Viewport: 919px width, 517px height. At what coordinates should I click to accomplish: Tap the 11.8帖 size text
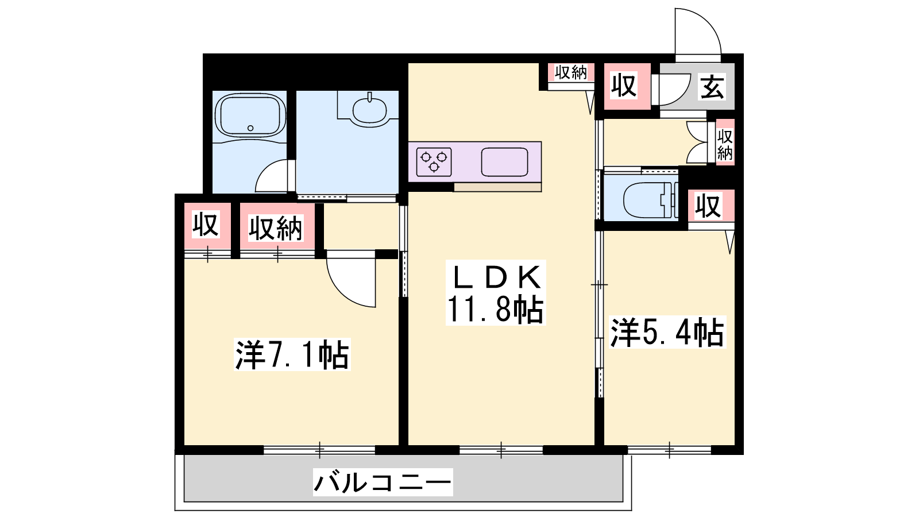point(495,309)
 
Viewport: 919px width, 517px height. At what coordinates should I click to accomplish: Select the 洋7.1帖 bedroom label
point(292,355)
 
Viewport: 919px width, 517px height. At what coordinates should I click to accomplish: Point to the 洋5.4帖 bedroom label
point(667,333)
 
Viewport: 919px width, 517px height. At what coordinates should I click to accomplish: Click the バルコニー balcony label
point(383,482)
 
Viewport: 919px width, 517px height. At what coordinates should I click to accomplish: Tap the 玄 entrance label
point(712,87)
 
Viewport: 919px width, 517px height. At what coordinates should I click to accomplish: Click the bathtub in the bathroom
point(250,116)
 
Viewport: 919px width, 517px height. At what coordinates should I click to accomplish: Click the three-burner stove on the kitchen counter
point(434,161)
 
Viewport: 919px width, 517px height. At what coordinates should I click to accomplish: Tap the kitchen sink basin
point(505,161)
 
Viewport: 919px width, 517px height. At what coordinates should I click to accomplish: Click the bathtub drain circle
point(250,128)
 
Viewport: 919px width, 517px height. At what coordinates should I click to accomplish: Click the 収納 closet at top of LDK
point(571,72)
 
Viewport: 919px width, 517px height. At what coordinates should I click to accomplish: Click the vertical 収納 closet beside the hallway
point(725,142)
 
